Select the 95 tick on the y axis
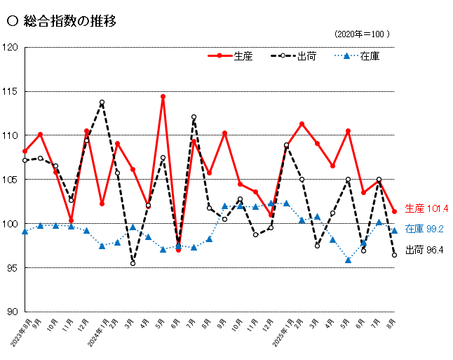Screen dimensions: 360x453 [12, 268]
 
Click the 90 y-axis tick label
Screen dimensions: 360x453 [12, 312]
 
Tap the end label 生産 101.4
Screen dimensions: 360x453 [426, 208]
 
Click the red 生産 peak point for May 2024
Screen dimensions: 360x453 [163, 97]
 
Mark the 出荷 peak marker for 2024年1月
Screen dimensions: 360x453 [102, 102]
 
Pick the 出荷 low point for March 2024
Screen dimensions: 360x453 [133, 263]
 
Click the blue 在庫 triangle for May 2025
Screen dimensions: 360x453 [348, 260]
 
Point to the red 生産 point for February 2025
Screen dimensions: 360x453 [302, 124]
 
